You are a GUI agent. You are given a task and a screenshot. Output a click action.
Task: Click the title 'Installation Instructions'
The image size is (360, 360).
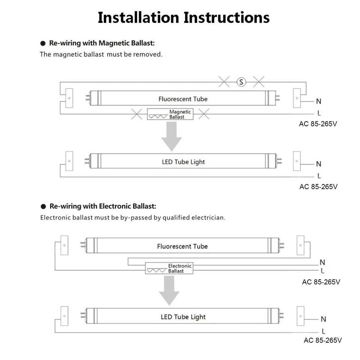point(183,18)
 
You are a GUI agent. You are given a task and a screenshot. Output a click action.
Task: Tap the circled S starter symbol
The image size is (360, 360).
point(241,82)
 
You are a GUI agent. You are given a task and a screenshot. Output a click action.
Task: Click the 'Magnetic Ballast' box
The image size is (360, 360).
point(170,114)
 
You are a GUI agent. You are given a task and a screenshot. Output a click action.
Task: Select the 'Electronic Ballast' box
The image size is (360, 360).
point(169,268)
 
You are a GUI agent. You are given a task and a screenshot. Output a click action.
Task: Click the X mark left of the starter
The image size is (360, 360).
point(224,82)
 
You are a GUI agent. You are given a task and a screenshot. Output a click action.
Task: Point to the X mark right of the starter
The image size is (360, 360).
point(259,82)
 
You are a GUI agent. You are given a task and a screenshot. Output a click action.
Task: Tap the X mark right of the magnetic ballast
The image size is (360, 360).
point(204,114)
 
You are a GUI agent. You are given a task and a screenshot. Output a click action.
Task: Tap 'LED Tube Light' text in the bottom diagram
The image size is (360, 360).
point(183,317)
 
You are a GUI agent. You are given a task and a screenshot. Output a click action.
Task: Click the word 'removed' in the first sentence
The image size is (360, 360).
point(150,54)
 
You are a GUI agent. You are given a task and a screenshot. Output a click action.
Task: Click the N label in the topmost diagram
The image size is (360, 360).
point(319,101)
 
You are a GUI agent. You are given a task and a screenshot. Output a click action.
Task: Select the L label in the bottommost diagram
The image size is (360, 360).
point(323,331)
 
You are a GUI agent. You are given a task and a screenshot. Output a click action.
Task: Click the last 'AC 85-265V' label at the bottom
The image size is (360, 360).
point(322,340)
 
